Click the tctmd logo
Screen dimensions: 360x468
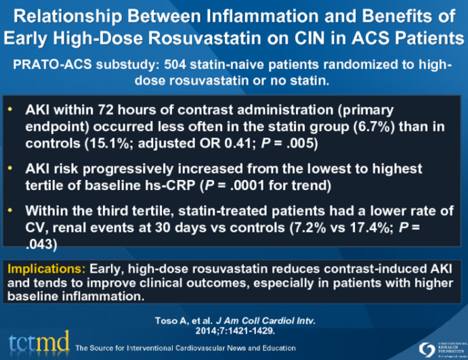tap(39, 340)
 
